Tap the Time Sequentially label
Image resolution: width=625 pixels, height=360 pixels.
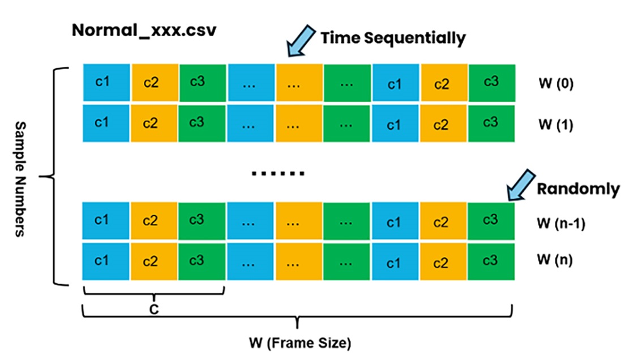tap(393, 38)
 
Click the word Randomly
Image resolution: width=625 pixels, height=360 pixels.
tap(578, 188)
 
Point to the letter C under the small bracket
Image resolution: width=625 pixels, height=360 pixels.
tap(153, 309)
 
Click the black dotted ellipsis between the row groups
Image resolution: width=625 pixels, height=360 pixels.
tap(278, 172)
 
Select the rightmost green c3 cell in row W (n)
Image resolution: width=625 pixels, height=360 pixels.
tap(491, 260)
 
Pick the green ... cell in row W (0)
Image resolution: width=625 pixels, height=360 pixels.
tap(348, 83)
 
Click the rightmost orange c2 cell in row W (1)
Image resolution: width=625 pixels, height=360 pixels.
tap(444, 123)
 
